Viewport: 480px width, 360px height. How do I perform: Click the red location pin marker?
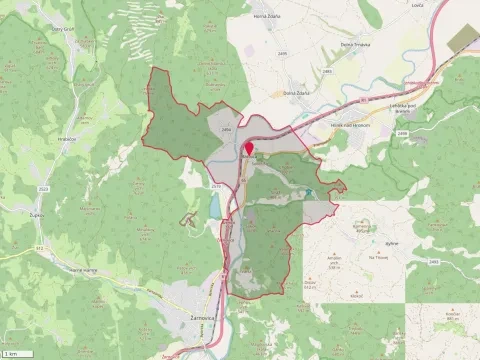(249, 149)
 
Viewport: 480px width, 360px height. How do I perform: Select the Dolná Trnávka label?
(329, 44)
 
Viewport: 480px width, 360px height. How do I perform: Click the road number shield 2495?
(284, 52)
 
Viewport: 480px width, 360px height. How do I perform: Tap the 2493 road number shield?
(433, 262)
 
